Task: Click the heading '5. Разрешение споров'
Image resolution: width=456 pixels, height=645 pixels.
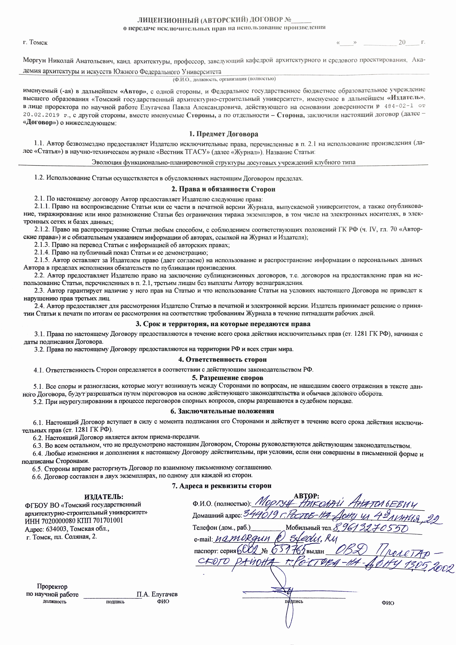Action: (228, 378)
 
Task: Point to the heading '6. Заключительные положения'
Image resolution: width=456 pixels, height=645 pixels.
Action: (222, 411)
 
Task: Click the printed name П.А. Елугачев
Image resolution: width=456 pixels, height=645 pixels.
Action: (157, 594)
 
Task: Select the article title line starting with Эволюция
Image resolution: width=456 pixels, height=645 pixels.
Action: (223, 162)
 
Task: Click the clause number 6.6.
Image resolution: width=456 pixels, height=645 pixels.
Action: (37, 475)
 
